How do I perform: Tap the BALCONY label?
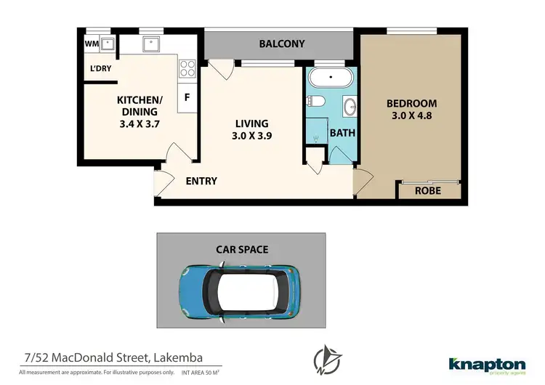click(x=282, y=44)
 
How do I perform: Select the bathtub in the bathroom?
click(x=331, y=78)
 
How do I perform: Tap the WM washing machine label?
click(x=92, y=44)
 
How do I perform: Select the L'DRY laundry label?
click(x=100, y=69)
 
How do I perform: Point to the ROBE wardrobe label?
click(x=427, y=190)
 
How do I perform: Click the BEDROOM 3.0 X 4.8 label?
click(x=411, y=109)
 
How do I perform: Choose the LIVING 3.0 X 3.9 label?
click(x=251, y=129)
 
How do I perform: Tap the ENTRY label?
click(x=201, y=181)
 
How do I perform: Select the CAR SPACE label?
click(x=242, y=249)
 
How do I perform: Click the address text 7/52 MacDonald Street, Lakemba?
click(x=111, y=357)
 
